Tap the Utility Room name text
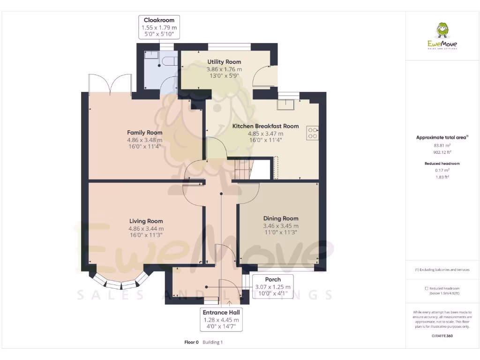224,62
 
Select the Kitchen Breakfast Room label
265,126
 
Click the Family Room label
144,133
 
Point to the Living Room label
146,221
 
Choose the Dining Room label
280,218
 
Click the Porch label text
272,279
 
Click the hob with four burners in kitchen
312,133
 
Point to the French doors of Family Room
110,83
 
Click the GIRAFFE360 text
442,336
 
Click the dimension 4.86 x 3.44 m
146,229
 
